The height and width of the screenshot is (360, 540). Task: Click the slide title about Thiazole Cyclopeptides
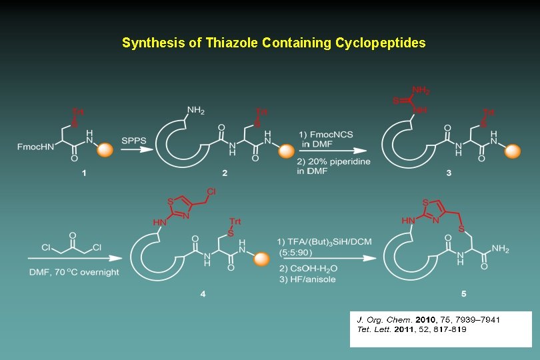click(273, 43)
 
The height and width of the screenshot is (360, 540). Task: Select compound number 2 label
click(225, 173)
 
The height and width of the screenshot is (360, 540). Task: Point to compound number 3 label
click(449, 173)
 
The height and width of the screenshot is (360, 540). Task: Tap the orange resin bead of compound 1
click(106, 151)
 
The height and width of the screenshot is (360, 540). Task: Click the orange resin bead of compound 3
click(511, 152)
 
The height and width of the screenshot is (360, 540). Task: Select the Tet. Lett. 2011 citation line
click(411, 329)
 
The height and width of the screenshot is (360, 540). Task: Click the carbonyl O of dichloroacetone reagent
click(71, 235)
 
